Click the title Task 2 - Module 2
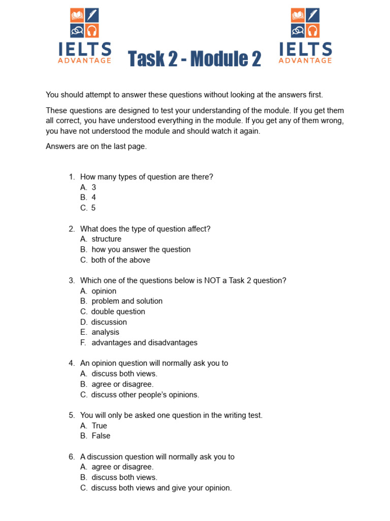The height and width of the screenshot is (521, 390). point(194,59)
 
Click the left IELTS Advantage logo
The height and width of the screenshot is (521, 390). point(85,36)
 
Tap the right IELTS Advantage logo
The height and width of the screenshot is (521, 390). point(305,36)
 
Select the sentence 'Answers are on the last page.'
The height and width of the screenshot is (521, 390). point(96,146)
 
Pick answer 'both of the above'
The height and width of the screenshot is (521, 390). point(121,260)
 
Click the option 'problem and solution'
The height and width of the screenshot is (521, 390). point(127,301)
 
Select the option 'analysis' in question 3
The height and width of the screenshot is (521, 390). point(105,332)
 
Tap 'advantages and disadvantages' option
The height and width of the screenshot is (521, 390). point(144,342)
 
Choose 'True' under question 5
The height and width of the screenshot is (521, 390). point(99,426)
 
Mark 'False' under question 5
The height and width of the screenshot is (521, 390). point(101,436)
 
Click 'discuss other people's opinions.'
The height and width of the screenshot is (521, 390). point(145,395)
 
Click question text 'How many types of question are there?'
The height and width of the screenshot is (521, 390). point(147,177)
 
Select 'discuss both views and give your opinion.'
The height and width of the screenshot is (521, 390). point(161,488)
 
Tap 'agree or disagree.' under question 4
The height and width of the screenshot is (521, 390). point(122,384)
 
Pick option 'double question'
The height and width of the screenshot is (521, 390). point(118,311)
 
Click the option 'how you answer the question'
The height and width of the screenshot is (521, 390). point(141,249)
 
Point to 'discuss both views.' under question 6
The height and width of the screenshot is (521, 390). point(124,477)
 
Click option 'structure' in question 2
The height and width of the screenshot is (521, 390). point(107,239)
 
